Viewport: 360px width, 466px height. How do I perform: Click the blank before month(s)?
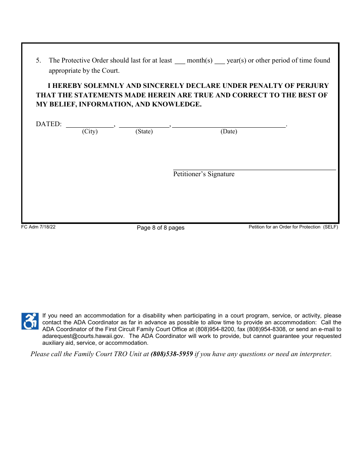click(180, 62)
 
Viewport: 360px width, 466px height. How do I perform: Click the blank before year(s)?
click(220, 62)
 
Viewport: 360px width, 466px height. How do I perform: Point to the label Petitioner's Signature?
click(204, 174)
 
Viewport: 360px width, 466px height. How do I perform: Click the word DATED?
click(48, 124)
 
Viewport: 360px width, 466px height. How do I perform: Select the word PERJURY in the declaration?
click(312, 86)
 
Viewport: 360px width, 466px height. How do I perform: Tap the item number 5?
click(38, 61)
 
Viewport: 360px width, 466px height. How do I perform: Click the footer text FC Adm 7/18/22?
click(38, 227)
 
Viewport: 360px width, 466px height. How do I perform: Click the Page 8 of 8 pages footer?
click(161, 228)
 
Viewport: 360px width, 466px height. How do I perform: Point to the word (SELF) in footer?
click(330, 227)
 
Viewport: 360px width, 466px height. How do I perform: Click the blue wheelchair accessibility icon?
click(30, 321)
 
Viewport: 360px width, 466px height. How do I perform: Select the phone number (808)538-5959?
click(172, 354)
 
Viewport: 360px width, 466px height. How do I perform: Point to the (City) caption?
click(90, 131)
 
